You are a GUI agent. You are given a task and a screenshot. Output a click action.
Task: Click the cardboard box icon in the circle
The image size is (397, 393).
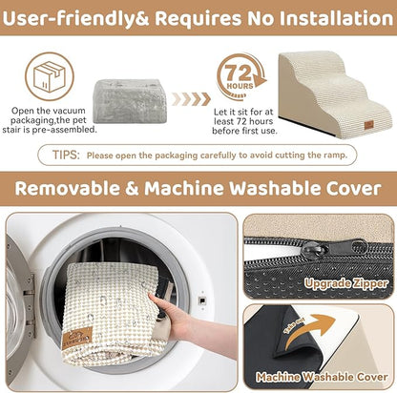tap(49, 76)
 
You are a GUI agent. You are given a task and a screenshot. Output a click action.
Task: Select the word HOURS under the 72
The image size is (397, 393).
tap(240, 86)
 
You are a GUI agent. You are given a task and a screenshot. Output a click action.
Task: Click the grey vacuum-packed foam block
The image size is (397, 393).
tap(131, 101)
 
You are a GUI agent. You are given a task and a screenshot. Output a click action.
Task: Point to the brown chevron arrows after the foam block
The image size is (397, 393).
tap(191, 99)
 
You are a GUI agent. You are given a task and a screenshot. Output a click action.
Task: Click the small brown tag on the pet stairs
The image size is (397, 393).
tap(369, 125)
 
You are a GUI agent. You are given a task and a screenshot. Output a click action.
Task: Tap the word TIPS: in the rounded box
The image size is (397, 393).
tap(66, 155)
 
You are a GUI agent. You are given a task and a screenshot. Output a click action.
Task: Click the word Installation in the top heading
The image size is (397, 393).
tap(336, 18)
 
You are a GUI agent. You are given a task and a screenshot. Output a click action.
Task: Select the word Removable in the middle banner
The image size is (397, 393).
tap(67, 188)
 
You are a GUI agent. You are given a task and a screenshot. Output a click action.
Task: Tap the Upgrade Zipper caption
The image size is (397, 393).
tap(346, 283)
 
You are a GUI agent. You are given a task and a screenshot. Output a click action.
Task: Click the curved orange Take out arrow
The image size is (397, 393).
tap(307, 331)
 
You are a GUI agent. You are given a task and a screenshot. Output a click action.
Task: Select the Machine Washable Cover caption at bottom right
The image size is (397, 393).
tap(322, 377)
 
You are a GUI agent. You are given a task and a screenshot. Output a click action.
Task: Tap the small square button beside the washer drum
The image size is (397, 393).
tap(202, 300)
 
